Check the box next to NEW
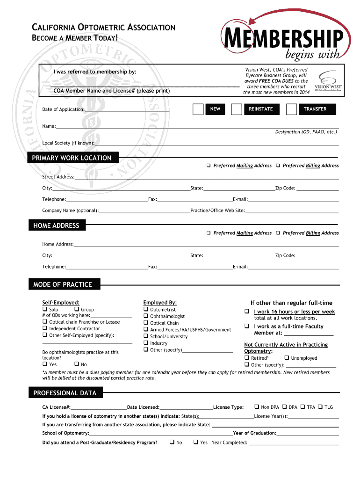pos(198,109)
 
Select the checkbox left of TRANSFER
pos(291,109)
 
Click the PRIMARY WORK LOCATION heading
pos(72,158)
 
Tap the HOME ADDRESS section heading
pos(57,226)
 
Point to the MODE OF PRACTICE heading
pos(63,284)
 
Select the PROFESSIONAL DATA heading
pos(65,393)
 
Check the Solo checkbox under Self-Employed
pos(45,309)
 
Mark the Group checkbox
pos(77,309)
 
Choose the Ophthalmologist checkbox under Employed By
pos(146,316)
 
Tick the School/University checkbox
pos(146,336)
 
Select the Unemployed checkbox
pos(287,358)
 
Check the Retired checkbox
pos(246,358)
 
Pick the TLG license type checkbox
pos(320,407)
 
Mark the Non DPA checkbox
pos(257,407)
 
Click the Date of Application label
pos(64,109)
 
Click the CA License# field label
pos(56,407)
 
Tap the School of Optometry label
pos(65,433)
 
